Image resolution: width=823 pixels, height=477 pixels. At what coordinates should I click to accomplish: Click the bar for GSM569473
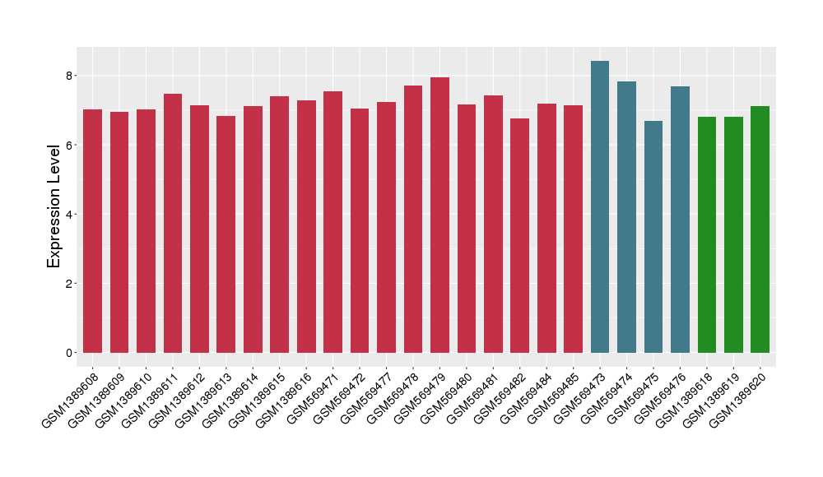tap(600, 207)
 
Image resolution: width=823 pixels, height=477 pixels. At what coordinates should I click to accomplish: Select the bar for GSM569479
tap(439, 215)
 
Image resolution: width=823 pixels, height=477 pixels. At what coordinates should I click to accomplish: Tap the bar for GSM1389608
tap(93, 231)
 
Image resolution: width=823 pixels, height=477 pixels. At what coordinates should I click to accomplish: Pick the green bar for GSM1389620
tap(760, 229)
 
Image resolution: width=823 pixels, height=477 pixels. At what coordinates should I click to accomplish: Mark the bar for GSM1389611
tap(173, 224)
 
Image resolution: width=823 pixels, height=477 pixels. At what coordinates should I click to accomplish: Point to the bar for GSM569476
tap(680, 220)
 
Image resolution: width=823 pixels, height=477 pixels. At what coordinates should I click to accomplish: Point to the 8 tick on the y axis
tap(71, 76)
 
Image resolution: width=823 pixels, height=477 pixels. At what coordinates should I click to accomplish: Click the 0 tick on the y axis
tap(71, 353)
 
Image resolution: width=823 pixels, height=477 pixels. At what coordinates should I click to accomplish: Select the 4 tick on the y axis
tap(71, 215)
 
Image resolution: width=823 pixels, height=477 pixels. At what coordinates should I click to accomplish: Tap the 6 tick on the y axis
tap(71, 145)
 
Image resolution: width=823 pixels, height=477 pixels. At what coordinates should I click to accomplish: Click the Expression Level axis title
tap(54, 206)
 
